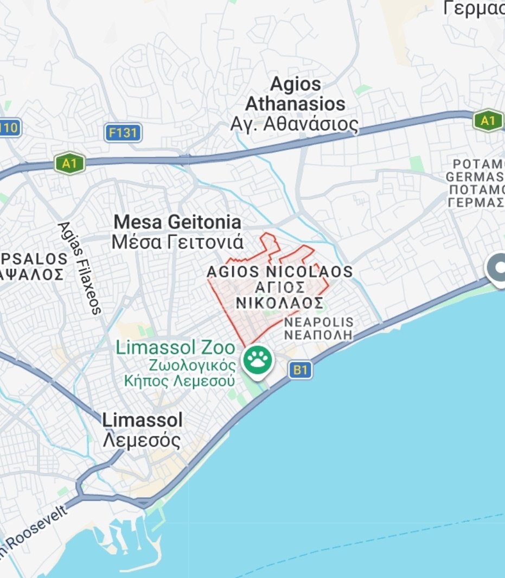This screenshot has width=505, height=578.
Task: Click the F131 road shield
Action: click(x=123, y=132)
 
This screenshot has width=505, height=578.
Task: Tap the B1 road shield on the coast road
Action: click(x=301, y=371)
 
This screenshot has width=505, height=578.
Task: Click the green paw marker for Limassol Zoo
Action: click(x=258, y=360)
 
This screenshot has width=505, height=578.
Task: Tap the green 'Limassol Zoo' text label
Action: click(x=175, y=348)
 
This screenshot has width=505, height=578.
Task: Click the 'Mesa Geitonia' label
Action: click(x=177, y=222)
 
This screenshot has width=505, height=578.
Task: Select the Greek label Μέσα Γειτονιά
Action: click(x=177, y=242)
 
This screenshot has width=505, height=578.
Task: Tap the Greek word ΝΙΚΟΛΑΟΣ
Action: click(x=280, y=302)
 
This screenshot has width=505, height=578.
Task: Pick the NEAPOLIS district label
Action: click(x=318, y=322)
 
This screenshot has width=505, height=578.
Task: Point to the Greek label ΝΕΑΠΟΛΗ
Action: click(x=318, y=335)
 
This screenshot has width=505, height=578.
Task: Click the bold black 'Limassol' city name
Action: click(x=143, y=420)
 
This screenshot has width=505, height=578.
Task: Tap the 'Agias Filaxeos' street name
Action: click(x=80, y=268)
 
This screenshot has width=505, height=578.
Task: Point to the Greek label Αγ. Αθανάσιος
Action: click(x=295, y=124)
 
